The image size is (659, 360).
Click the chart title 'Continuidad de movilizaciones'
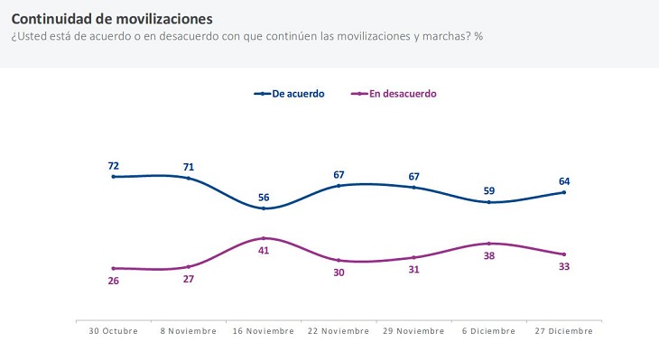tap(113, 18)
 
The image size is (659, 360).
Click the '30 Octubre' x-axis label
tap(114, 331)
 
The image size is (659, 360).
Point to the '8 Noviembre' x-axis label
tap(189, 331)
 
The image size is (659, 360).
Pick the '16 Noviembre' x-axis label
tap(264, 331)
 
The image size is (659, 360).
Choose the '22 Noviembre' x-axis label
tap(339, 331)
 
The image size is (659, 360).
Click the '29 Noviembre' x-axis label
tap(414, 331)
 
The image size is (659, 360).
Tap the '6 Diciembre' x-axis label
tap(489, 331)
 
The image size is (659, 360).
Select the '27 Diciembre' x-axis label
tap(564, 331)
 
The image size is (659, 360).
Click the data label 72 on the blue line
tap(114, 166)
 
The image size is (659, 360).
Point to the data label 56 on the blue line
tap(264, 198)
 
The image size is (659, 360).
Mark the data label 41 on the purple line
tap(264, 251)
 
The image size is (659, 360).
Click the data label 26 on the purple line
tap(114, 281)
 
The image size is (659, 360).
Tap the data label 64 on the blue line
tap(564, 181)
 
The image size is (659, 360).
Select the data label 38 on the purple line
tap(489, 256)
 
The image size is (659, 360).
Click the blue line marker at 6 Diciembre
tap(489, 202)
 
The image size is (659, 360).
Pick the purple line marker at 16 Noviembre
tap(264, 238)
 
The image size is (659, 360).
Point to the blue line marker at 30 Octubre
tap(114, 177)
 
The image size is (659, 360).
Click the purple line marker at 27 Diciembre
tap(564, 254)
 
